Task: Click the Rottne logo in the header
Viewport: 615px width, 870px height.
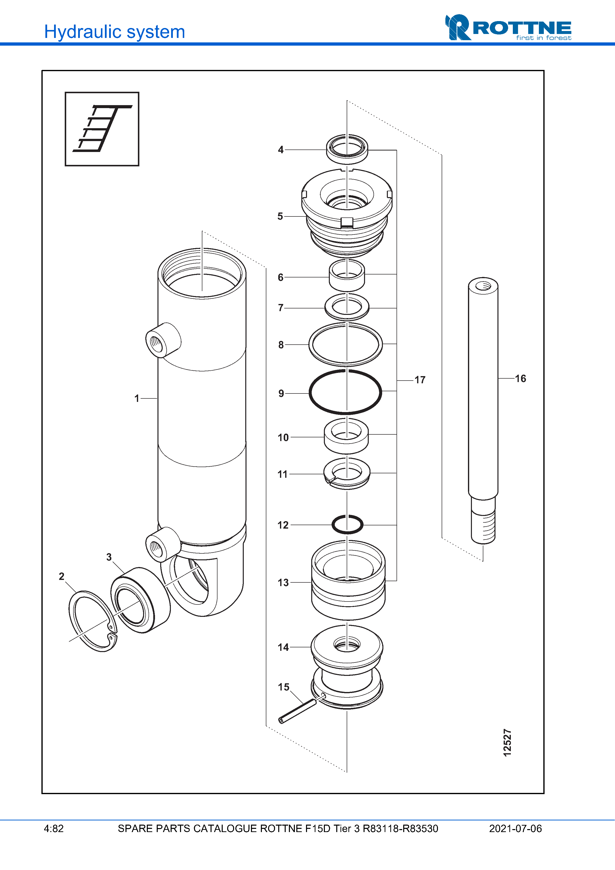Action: click(508, 28)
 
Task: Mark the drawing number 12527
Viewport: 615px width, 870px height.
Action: click(507, 743)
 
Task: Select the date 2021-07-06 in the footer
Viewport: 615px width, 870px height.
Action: click(515, 829)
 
